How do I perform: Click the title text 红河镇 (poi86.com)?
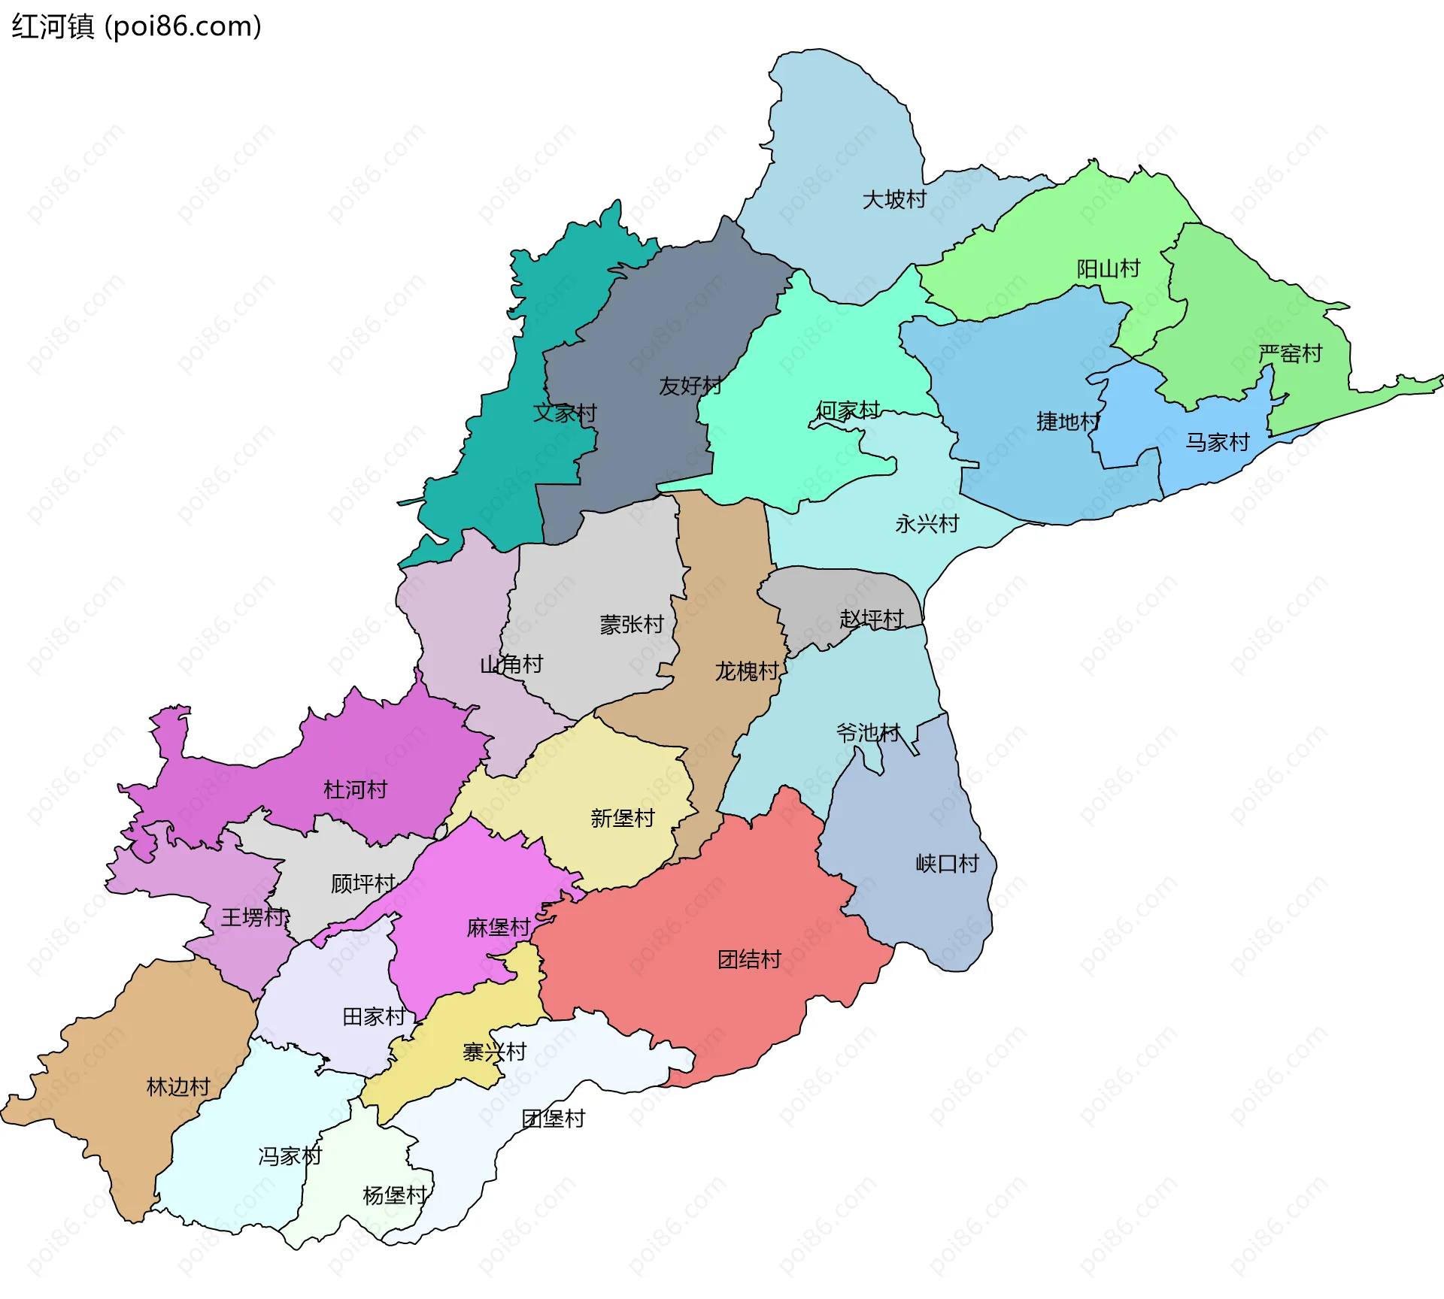[136, 26]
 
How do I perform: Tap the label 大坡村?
[894, 200]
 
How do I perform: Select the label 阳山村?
[1108, 269]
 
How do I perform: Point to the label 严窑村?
[1291, 354]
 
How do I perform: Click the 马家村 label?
[1218, 443]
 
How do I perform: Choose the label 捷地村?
[1068, 422]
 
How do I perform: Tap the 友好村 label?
[690, 386]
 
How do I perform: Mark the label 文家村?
[565, 413]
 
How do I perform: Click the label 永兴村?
[927, 524]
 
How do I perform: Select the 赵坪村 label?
[872, 619]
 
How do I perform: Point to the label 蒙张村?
[632, 625]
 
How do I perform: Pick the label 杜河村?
[355, 790]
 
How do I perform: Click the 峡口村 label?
[948, 864]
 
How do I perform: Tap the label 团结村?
[749, 960]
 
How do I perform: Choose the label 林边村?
[178, 1087]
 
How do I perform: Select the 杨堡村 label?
[395, 1195]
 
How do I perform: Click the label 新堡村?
[623, 819]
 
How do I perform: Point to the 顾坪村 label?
[363, 884]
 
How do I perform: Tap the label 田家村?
[374, 1017]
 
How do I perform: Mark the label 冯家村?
[290, 1156]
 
